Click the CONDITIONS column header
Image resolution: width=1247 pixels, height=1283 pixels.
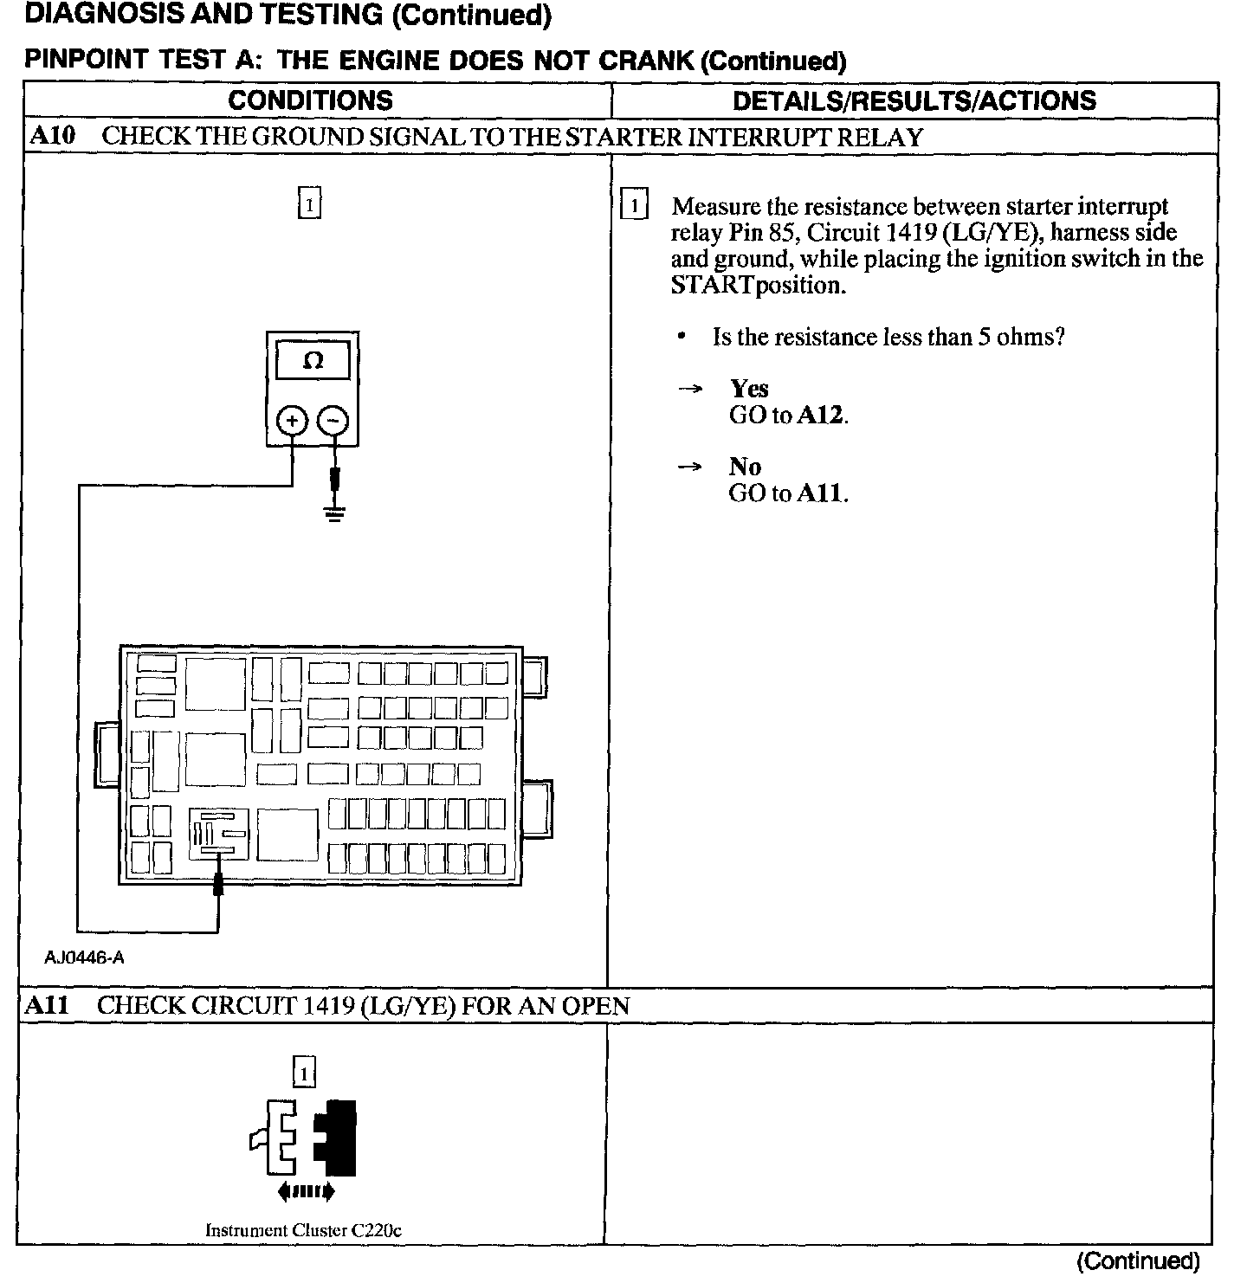(310, 100)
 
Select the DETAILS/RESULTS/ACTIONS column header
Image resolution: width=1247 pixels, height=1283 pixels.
(914, 100)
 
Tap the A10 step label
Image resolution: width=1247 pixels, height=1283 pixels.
(53, 136)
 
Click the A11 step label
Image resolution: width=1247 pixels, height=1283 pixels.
(48, 1005)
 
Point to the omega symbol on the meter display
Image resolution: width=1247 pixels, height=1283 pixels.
(313, 362)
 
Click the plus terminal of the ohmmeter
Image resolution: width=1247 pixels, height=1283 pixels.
(292, 422)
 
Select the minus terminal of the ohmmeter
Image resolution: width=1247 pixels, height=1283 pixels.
(333, 422)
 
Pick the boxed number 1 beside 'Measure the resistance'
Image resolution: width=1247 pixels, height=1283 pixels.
(634, 206)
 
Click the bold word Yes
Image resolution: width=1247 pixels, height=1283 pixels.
(749, 389)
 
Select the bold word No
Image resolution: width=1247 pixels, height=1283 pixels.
(745, 467)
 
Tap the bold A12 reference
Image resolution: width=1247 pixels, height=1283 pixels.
(819, 416)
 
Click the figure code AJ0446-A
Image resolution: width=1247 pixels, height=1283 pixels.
(85, 957)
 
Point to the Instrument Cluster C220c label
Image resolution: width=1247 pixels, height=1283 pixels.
(303, 1230)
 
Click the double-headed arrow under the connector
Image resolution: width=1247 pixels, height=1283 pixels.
(306, 1192)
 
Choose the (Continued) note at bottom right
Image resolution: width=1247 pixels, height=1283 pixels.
(1138, 1260)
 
